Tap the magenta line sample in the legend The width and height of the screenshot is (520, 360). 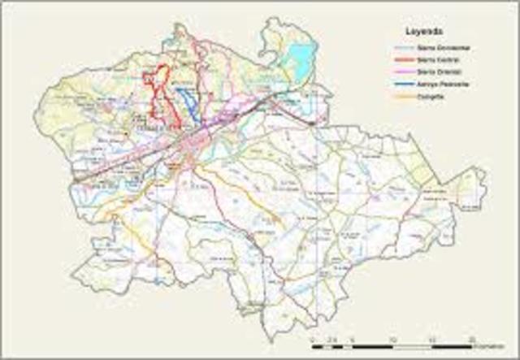(x=397, y=72)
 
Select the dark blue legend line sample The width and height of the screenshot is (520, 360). (x=397, y=84)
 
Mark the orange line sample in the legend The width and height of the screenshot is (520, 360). (x=397, y=96)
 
